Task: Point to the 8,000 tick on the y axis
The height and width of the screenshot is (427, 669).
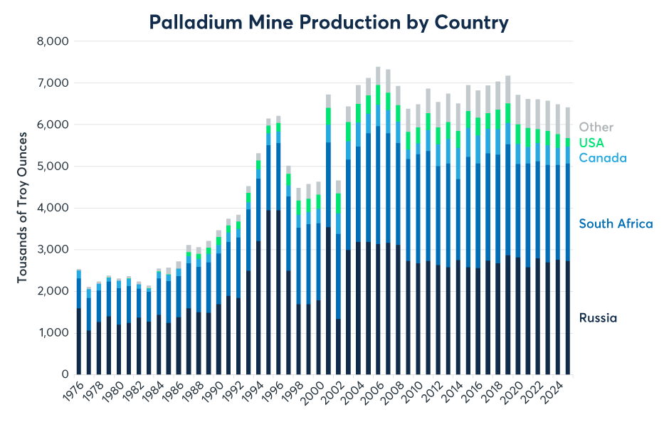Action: pos(53,41)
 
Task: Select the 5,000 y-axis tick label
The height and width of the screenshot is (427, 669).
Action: pos(53,167)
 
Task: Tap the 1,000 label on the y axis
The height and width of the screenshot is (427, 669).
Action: pos(53,333)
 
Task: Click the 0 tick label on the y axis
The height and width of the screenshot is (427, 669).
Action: pos(63,374)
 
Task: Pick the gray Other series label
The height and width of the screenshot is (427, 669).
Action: pos(596,127)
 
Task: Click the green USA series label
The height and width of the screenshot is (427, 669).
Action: pos(591,143)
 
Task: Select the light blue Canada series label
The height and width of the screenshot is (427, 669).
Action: pos(602,158)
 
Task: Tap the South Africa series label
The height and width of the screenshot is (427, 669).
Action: pos(616,224)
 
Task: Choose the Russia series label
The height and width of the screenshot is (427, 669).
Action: pos(597,318)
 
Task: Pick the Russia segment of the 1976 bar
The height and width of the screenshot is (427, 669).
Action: pos(78,341)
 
